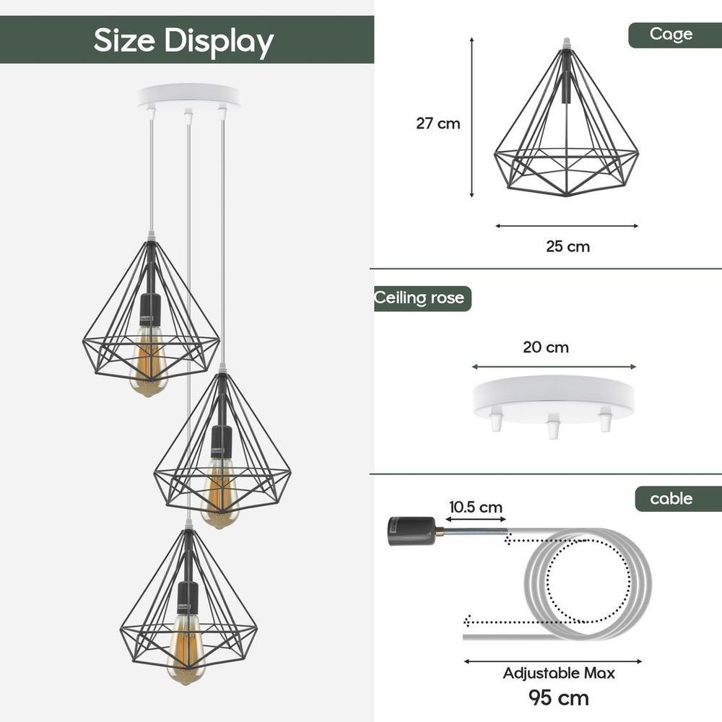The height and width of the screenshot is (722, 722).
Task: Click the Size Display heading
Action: [183, 40]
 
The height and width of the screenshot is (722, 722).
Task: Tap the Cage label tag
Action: [671, 34]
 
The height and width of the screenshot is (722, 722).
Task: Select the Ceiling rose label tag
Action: [420, 298]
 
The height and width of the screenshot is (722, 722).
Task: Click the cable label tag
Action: [671, 499]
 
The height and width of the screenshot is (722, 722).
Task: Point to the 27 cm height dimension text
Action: [438, 123]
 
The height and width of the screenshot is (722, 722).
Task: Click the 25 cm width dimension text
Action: [567, 247]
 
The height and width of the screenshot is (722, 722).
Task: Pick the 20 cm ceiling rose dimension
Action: [546, 347]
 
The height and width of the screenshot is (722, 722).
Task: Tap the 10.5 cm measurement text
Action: [475, 508]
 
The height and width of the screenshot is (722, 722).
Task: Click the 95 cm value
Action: [559, 698]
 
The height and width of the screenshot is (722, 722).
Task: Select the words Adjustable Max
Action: [559, 674]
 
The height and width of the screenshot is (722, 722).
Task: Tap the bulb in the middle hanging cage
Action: [219, 495]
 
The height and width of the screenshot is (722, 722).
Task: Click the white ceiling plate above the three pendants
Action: [188, 96]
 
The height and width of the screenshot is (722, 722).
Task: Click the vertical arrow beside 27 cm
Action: [472, 118]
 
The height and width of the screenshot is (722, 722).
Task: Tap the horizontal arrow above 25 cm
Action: [567, 226]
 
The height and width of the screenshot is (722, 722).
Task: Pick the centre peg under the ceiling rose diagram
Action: [552, 427]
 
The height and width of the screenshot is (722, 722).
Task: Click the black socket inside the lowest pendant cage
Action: [188, 598]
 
